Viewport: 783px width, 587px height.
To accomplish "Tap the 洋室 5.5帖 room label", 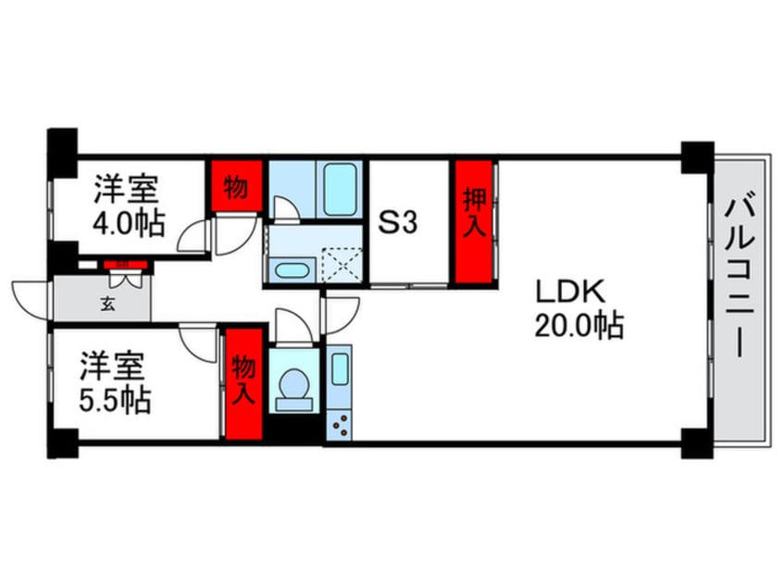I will point(112,383).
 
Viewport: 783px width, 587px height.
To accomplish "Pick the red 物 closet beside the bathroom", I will point(235,188).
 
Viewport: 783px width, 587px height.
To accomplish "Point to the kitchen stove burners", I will point(339,424).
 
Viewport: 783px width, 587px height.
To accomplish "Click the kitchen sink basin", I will point(339,369).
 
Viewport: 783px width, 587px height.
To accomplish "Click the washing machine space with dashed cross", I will point(342,266).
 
